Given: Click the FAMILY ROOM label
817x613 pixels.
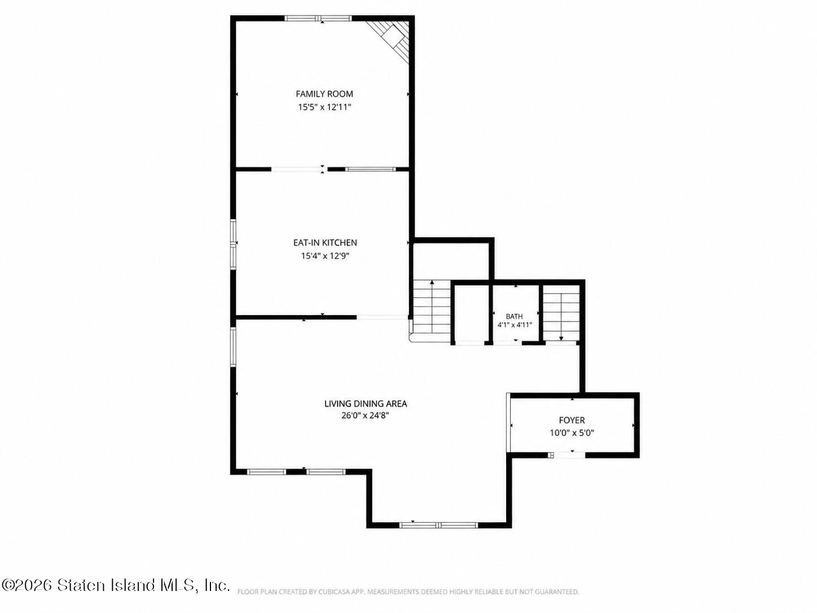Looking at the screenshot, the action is pyautogui.click(x=324, y=94).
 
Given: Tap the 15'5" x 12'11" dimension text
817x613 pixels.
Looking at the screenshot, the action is pyautogui.click(x=324, y=107).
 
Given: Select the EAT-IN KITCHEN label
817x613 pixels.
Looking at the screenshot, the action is pyautogui.click(x=325, y=243).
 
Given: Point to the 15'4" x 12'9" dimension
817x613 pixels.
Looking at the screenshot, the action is pyautogui.click(x=325, y=256).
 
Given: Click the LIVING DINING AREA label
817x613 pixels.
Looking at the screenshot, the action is pyautogui.click(x=366, y=404).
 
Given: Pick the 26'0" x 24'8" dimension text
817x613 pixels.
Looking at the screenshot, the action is pyautogui.click(x=365, y=415).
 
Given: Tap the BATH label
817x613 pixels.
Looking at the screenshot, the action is pyautogui.click(x=514, y=316).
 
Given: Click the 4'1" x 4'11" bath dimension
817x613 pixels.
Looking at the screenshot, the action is pyautogui.click(x=515, y=325).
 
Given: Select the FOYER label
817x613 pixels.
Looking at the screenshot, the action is pyautogui.click(x=572, y=420).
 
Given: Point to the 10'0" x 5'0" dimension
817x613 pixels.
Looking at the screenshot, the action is pyautogui.click(x=572, y=433).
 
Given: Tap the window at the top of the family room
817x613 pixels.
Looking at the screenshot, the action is pyautogui.click(x=318, y=18).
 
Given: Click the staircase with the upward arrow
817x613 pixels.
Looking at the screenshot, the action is pyautogui.click(x=432, y=311).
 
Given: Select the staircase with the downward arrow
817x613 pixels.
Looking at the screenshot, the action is pyautogui.click(x=561, y=313).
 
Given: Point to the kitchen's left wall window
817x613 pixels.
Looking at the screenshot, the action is pyautogui.click(x=233, y=244).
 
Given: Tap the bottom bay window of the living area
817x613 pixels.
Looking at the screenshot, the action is pyautogui.click(x=438, y=525).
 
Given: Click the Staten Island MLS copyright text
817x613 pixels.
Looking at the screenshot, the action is pyautogui.click(x=116, y=585).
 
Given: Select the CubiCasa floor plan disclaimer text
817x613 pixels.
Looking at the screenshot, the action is pyautogui.click(x=409, y=592).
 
